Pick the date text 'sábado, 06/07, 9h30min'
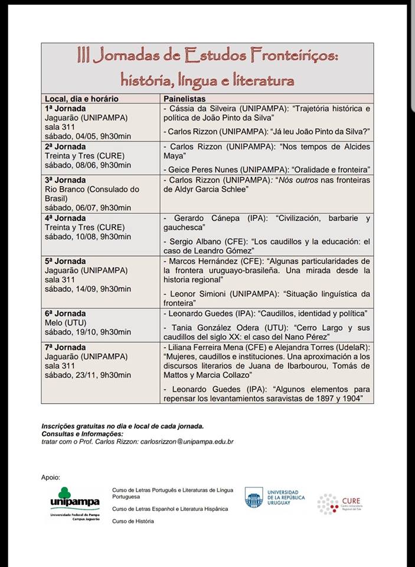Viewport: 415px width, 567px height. [88, 207]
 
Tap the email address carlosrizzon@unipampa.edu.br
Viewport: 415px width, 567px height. [183, 441]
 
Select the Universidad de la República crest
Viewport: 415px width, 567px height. [254, 497]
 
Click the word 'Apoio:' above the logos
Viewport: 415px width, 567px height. [51, 477]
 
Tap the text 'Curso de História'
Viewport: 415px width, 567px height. [133, 521]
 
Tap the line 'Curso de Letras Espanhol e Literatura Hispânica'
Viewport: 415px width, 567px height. [172, 509]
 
